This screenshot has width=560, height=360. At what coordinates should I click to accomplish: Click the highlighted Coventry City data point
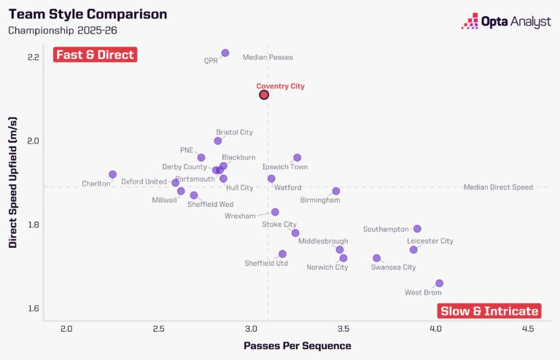(264, 95)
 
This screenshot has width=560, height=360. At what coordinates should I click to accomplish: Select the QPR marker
(225, 53)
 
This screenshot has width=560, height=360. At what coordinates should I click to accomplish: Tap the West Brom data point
(439, 283)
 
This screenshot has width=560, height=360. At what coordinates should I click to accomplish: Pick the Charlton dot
(113, 175)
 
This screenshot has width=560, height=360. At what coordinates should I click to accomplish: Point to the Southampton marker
(417, 229)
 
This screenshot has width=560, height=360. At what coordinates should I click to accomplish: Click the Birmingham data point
(336, 191)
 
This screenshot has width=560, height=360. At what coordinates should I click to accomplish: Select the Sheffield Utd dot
(282, 254)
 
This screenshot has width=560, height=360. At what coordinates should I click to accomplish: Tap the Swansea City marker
(376, 258)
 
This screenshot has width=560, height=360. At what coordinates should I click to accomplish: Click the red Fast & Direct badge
(95, 55)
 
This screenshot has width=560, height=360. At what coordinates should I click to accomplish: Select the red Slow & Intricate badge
(489, 311)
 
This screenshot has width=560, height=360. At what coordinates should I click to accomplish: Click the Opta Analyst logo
(506, 22)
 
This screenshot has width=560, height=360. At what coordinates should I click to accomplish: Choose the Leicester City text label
(430, 241)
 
